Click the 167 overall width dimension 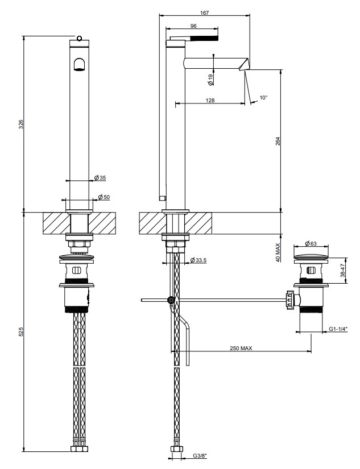click(205, 13)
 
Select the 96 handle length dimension click(193, 26)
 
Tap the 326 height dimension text click(20, 124)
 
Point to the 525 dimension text click(20, 331)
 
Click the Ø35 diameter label click(100, 178)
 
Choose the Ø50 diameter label click(104, 197)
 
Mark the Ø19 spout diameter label click(210, 80)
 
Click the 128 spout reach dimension click(210, 100)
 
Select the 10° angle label click(263, 98)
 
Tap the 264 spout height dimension click(278, 141)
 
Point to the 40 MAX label click(278, 253)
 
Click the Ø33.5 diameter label click(198, 260)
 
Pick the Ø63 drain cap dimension click(311, 243)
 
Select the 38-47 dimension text click(343, 270)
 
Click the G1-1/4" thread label click(338, 329)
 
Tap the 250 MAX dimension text click(241, 348)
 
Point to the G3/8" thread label click(200, 464)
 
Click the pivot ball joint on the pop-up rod click(171, 300)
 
